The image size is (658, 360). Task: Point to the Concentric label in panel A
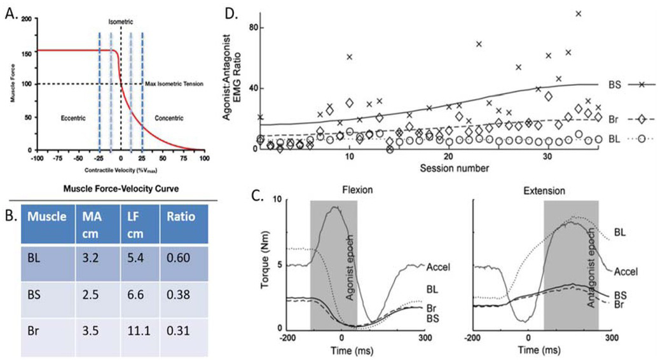click(167, 118)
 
